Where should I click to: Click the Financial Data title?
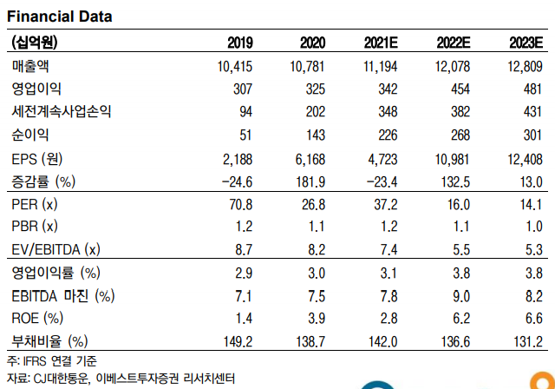[60, 16]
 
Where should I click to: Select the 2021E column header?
[381, 43]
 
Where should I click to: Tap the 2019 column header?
[240, 43]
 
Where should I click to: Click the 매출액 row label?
[30, 66]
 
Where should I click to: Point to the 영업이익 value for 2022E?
[460, 89]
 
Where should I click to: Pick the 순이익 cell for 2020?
[316, 135]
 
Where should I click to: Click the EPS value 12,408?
[525, 160]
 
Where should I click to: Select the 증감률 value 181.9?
[310, 182]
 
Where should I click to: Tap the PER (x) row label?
[35, 204]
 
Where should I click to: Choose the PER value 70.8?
[241, 205]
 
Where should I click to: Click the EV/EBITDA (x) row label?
[55, 250]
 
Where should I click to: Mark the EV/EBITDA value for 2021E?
[388, 250]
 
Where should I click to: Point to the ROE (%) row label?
[37, 318]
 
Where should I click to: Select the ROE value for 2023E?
[534, 318]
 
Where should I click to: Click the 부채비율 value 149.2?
[238, 342]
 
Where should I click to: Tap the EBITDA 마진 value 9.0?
[461, 296]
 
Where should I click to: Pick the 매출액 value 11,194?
[381, 67]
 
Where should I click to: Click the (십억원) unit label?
[35, 43]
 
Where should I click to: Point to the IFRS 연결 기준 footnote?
[52, 361]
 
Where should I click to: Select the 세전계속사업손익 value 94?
[245, 112]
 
